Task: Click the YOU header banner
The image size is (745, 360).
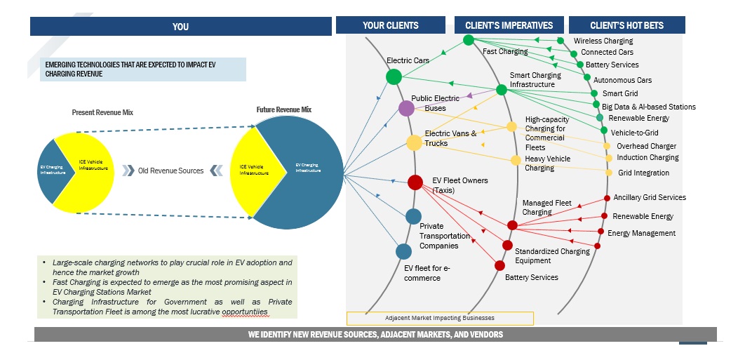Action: point(180,27)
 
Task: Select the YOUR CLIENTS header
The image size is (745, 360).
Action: point(390,25)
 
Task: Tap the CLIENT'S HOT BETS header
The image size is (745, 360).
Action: point(626,25)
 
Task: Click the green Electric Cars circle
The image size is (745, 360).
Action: point(394,76)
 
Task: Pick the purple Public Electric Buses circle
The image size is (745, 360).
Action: point(406,108)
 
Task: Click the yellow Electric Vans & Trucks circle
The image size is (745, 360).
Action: point(414,142)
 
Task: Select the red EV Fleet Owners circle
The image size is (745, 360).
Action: point(415,182)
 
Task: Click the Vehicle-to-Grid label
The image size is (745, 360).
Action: point(639,131)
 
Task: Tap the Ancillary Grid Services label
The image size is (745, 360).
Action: point(650,197)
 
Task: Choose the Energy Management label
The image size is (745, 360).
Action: point(641,233)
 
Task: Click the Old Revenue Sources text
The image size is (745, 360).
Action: point(170,171)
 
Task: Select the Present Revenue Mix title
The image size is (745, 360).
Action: point(102,112)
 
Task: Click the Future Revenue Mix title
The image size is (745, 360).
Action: point(283,109)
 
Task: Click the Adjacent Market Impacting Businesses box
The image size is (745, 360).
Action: point(440,318)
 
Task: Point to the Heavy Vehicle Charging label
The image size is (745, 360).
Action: point(548,164)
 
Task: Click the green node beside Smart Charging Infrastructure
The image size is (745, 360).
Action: point(502,90)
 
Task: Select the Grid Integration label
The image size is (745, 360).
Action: point(643,173)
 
